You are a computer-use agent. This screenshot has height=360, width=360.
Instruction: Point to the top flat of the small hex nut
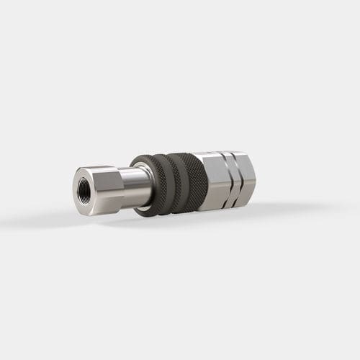101,170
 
